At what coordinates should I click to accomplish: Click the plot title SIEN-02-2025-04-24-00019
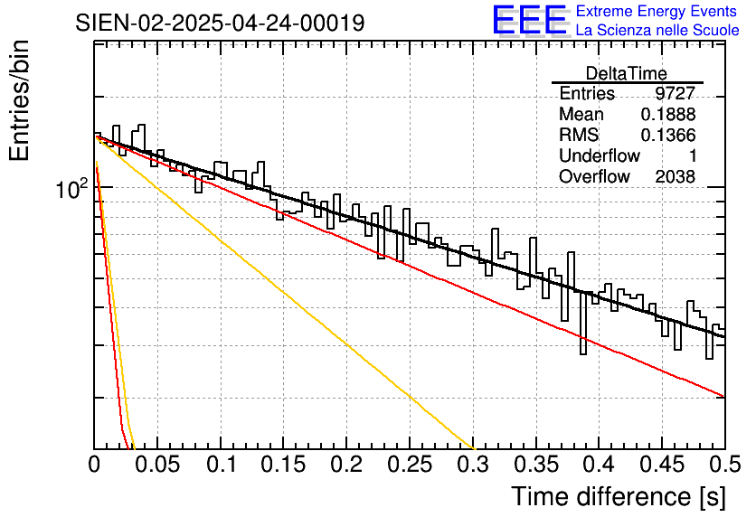(x=220, y=23)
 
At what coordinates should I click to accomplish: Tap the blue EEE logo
(x=530, y=20)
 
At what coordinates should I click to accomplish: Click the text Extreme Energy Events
(x=657, y=11)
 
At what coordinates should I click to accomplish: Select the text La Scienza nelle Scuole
(x=657, y=30)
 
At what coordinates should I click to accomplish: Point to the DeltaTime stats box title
(x=627, y=73)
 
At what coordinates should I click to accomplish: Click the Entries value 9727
(x=675, y=93)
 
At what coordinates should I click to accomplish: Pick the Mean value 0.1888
(x=668, y=114)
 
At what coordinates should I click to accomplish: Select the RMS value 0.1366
(x=668, y=135)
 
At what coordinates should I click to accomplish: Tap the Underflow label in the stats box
(x=600, y=155)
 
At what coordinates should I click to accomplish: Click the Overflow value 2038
(x=675, y=177)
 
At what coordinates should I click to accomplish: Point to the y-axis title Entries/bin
(x=19, y=100)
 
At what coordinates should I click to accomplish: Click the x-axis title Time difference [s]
(x=619, y=496)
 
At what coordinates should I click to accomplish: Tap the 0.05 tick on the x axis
(x=157, y=465)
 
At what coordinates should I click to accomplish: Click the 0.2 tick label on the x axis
(x=346, y=465)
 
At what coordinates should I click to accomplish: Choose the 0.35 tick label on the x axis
(x=535, y=465)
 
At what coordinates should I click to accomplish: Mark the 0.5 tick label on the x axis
(x=724, y=465)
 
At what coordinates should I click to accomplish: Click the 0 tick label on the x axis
(x=94, y=465)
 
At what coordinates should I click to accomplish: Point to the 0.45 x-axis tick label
(x=662, y=465)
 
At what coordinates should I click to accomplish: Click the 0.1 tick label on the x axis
(x=222, y=465)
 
